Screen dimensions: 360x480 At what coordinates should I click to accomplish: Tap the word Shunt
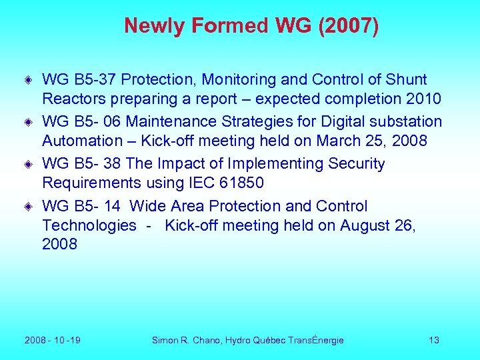(406, 80)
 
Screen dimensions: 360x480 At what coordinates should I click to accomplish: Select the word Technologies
(89, 226)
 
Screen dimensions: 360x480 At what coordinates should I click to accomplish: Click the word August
(365, 226)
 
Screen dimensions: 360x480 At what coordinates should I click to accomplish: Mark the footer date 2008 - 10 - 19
(53, 341)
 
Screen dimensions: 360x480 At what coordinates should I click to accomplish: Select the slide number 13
(434, 341)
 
